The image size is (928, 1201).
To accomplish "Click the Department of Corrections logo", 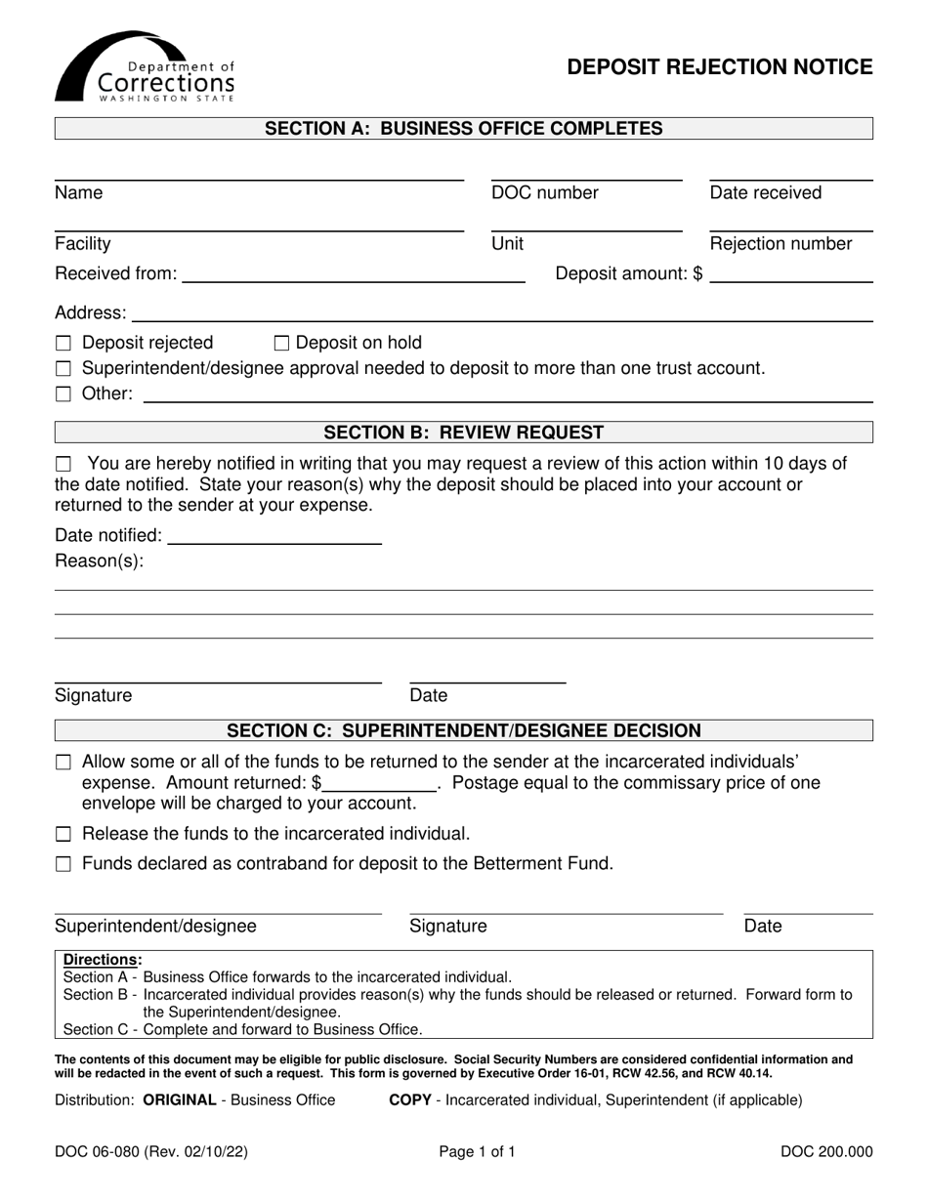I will (x=145, y=67).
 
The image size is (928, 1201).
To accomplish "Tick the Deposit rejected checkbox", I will (x=63, y=344).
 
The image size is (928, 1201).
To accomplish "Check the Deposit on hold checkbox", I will (x=282, y=343).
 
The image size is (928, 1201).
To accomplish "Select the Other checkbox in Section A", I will (x=63, y=395).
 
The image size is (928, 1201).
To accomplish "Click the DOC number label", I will (x=545, y=193).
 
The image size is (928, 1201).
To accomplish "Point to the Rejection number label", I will (x=780, y=244).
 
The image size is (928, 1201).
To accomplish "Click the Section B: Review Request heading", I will (x=463, y=433).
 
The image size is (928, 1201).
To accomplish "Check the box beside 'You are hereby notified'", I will (x=63, y=463).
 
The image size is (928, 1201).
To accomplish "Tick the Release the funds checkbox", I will (x=63, y=835).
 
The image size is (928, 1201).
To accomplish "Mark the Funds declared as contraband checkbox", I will (x=63, y=864).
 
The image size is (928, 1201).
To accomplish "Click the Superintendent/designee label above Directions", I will (x=155, y=927).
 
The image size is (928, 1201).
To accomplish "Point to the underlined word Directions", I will (x=102, y=960).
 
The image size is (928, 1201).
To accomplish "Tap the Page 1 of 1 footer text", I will (x=477, y=1152).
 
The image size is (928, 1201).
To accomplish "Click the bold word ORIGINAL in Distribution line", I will (x=179, y=1100).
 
